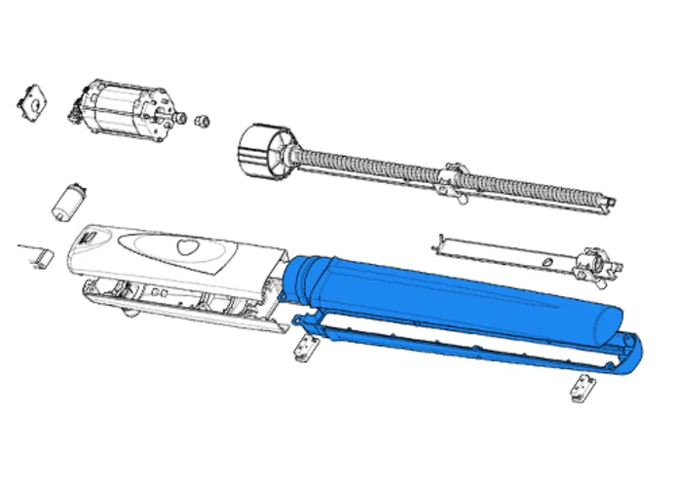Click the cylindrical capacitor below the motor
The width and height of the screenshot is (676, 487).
[x=71, y=199]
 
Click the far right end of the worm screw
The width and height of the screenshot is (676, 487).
[x=611, y=204]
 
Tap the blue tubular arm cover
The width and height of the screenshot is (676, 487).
[x=458, y=302]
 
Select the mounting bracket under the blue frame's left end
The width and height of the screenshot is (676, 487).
[x=309, y=348]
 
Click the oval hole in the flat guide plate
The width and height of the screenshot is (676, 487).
[x=551, y=262]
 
